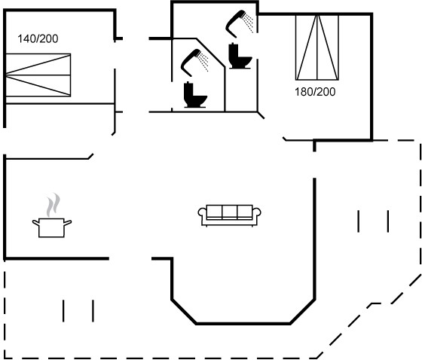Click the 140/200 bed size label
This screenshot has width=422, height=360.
[38, 38]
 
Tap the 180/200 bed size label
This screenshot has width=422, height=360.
[315, 92]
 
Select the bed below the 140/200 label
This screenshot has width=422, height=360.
[38, 75]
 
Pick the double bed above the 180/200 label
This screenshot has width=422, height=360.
[317, 47]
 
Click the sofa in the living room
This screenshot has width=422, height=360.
[230, 215]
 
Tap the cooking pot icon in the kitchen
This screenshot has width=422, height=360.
[52, 227]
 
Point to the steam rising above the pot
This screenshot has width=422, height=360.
[53, 205]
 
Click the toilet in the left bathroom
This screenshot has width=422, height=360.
[195, 95]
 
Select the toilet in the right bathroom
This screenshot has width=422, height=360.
[240, 56]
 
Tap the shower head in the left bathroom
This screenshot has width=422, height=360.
[190, 62]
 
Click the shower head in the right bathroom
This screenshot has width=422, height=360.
[235, 23]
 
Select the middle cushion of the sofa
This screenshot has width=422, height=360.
[230, 212]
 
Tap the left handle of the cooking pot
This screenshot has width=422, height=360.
[36, 222]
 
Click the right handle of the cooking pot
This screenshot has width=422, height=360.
[68, 222]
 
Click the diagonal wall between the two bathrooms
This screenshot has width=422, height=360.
[210, 53]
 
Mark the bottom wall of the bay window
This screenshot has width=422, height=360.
[243, 323]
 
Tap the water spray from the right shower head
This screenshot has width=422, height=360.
[248, 23]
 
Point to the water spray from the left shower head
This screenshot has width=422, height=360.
[203, 63]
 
